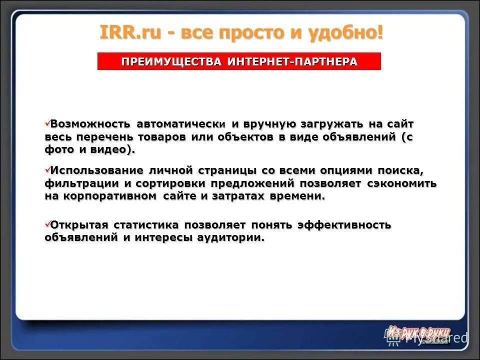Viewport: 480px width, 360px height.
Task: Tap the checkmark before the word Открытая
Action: (x=47, y=224)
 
